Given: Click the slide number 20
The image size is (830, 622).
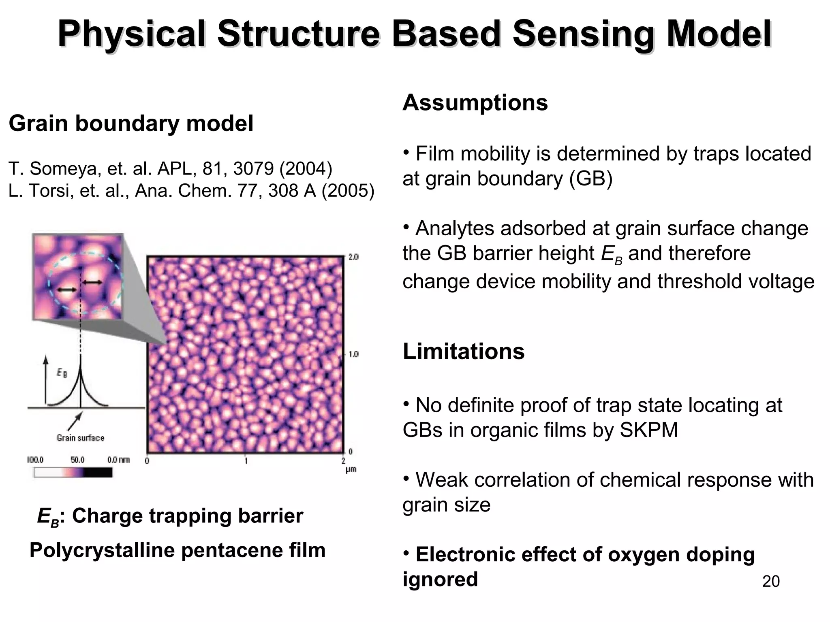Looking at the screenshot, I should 771,581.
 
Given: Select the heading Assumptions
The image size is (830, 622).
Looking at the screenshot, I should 475,102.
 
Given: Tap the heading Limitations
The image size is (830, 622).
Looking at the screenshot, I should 463,351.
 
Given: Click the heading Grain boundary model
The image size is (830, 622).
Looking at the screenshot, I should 131,123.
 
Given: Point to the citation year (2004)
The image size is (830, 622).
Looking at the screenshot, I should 306,168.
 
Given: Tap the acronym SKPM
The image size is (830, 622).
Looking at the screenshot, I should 648,430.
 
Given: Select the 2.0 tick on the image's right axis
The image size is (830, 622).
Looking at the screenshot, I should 353,257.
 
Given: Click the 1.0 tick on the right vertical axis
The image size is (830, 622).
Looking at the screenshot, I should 353,354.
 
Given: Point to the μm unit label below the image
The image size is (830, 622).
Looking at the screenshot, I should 351,470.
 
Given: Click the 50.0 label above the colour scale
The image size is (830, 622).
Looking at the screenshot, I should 77,460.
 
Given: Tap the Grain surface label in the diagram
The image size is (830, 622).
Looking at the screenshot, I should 80,438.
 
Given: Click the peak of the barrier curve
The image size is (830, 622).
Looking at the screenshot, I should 80,366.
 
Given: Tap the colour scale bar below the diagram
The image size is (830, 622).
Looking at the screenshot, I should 73,472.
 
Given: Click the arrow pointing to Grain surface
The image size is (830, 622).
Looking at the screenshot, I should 75,421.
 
